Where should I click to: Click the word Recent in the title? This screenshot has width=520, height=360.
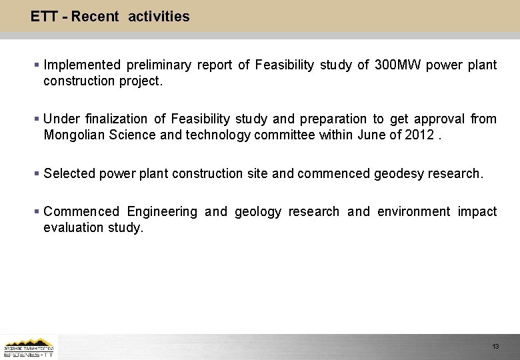click(95, 17)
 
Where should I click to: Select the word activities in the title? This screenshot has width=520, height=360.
click(159, 17)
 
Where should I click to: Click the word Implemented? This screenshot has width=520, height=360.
click(82, 65)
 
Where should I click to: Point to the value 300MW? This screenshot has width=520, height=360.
click(397, 65)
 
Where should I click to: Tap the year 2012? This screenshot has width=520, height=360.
click(419, 135)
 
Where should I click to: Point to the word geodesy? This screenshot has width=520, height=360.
click(398, 173)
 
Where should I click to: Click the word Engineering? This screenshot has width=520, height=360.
click(162, 211)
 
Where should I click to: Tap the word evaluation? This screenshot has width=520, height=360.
click(73, 227)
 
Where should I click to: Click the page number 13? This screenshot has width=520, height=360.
click(495, 347)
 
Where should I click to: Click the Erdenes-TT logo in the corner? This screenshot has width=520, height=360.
click(29, 347)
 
